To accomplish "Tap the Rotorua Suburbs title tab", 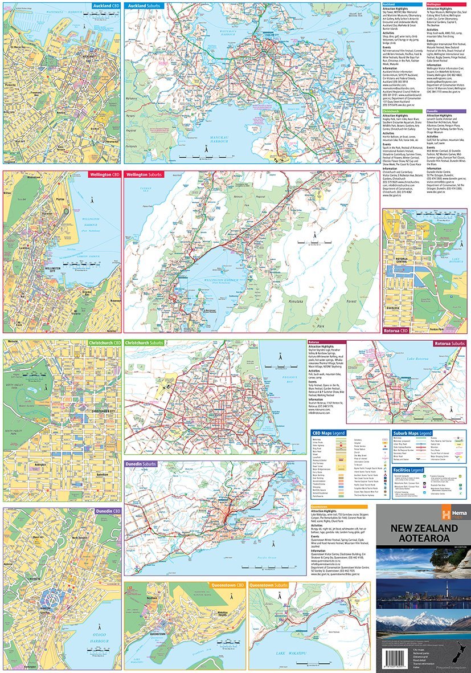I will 449,344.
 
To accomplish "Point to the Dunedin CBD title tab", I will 104,511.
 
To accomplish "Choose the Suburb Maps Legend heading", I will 413,433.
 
